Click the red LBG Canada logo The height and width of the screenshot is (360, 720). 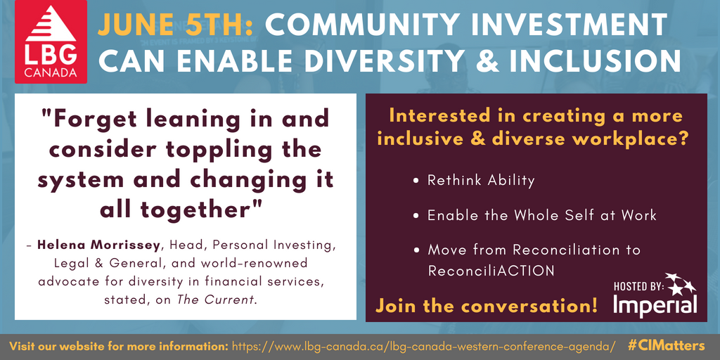pos(51,41)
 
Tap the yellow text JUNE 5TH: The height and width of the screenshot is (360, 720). pos(175,25)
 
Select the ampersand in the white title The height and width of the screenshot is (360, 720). pos(489,61)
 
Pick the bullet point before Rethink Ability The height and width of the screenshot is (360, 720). pos(416,181)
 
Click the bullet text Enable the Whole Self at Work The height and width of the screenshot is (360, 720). pos(542,215)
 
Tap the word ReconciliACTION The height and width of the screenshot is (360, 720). pos(491,271)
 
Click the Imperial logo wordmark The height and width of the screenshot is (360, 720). pos(655,304)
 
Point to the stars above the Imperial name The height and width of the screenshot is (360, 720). pos(681,284)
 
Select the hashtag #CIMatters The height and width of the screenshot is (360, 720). pos(667,345)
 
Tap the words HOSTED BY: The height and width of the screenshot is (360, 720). pos(638,287)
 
